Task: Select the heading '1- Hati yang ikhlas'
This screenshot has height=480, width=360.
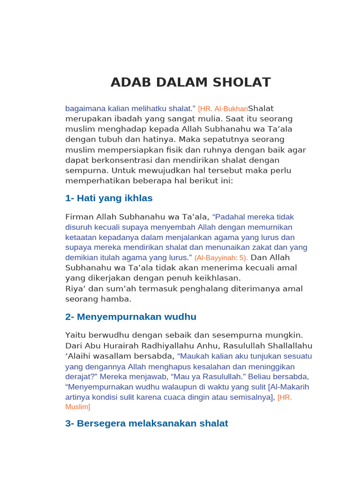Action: (x=109, y=198)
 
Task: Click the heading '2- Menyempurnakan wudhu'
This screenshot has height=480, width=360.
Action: (x=131, y=317)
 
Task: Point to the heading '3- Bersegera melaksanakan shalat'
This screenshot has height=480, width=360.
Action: (x=146, y=423)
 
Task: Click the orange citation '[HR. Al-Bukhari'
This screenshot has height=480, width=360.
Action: (x=223, y=109)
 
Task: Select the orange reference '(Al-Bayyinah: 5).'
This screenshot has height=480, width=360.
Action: (x=221, y=258)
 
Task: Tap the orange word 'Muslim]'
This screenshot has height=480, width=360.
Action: (x=77, y=407)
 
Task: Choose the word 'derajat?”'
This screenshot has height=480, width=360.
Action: (x=81, y=376)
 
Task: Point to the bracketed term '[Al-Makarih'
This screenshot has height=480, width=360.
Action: (x=289, y=387)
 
